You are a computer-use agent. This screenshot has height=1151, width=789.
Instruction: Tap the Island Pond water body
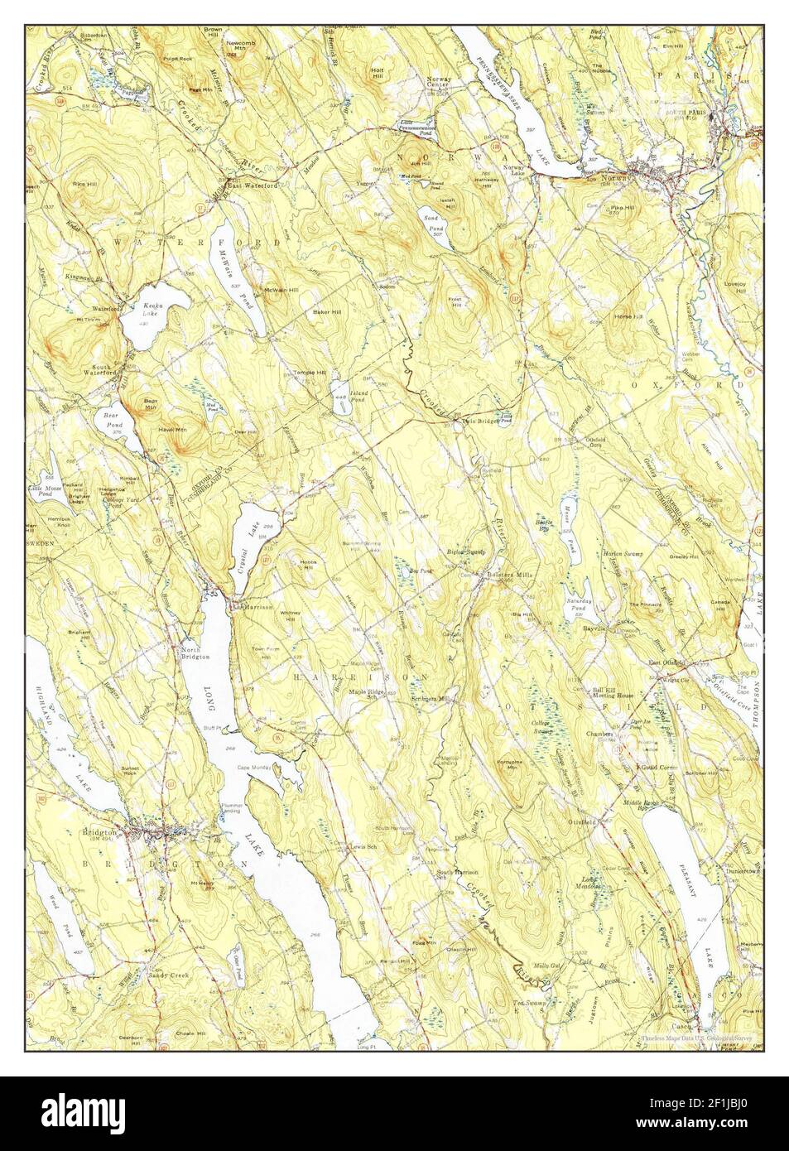click(x=339, y=392)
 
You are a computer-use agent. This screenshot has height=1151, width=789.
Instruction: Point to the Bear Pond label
click(x=111, y=416)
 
